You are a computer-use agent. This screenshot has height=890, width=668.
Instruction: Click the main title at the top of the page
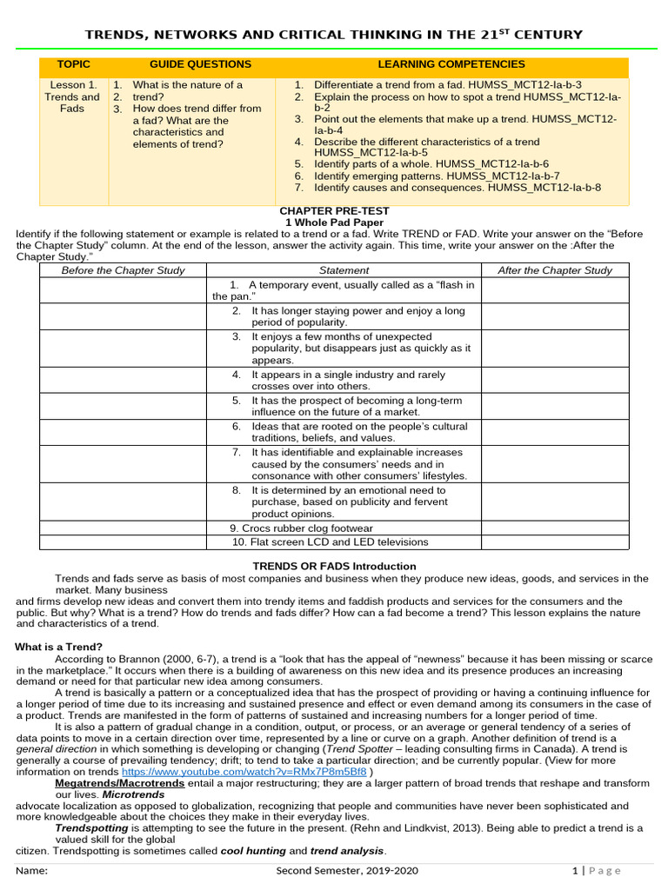pos(333,34)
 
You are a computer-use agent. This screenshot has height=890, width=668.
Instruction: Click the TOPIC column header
pos(73,64)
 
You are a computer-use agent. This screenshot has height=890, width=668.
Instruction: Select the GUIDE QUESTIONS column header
pos(200,64)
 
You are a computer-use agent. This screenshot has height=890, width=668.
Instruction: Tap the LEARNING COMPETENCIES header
pos(451,64)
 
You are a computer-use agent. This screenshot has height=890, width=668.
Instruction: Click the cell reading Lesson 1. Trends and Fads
pos(73,97)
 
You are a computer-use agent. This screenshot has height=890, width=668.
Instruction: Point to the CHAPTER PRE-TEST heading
pos(334,211)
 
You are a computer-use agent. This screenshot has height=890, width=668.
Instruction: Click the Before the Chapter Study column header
pos(123,270)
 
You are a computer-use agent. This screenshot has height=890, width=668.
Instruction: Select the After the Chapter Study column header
pos(554,270)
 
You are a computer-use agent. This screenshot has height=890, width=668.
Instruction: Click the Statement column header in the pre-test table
pos(344,270)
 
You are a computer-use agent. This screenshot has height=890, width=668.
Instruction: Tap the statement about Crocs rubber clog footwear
pos(301,528)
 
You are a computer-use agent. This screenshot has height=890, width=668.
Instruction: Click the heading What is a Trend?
pos(59,647)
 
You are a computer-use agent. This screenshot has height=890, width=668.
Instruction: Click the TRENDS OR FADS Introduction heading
pos(334,566)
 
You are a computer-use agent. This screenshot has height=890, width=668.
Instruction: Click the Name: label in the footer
pos(32,871)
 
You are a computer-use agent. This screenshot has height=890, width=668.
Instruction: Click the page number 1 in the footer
pos(575,871)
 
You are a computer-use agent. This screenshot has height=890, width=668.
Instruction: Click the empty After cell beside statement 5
pos(554,406)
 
